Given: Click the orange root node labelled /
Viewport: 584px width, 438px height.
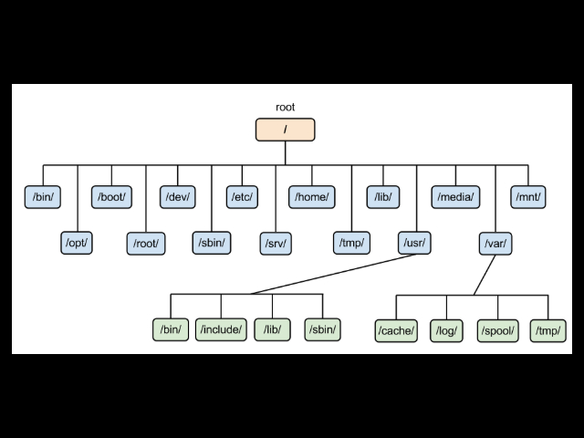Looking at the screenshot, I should coord(286,130).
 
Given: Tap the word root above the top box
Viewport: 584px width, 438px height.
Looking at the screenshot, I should coord(286,107).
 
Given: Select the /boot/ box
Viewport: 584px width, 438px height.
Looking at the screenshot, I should coord(111,196).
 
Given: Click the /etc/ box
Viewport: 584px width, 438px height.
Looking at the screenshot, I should coord(241,196).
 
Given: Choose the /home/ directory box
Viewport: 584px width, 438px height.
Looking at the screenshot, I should coord(311,196).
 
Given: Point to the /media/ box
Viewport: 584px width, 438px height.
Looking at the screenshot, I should coord(455,196).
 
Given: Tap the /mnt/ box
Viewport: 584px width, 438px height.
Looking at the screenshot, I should coord(528,196).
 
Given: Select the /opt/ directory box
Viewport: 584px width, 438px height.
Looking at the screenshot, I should coord(77,243).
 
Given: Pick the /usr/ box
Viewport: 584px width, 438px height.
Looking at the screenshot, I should coord(415,243).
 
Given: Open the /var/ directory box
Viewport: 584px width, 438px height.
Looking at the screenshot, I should coord(495,243).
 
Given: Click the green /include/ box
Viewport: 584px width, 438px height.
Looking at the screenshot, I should coord(221,329).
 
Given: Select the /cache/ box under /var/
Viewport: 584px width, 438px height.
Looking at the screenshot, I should coord(396,329).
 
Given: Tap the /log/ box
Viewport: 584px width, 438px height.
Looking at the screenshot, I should coord(447,329).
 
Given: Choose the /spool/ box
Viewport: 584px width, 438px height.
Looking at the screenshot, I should coord(498,329).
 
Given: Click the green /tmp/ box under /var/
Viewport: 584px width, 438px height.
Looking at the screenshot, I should coord(548,329).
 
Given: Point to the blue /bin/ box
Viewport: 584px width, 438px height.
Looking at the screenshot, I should coord(43,196).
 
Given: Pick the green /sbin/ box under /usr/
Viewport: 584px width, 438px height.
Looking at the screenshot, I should coord(323,329).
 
